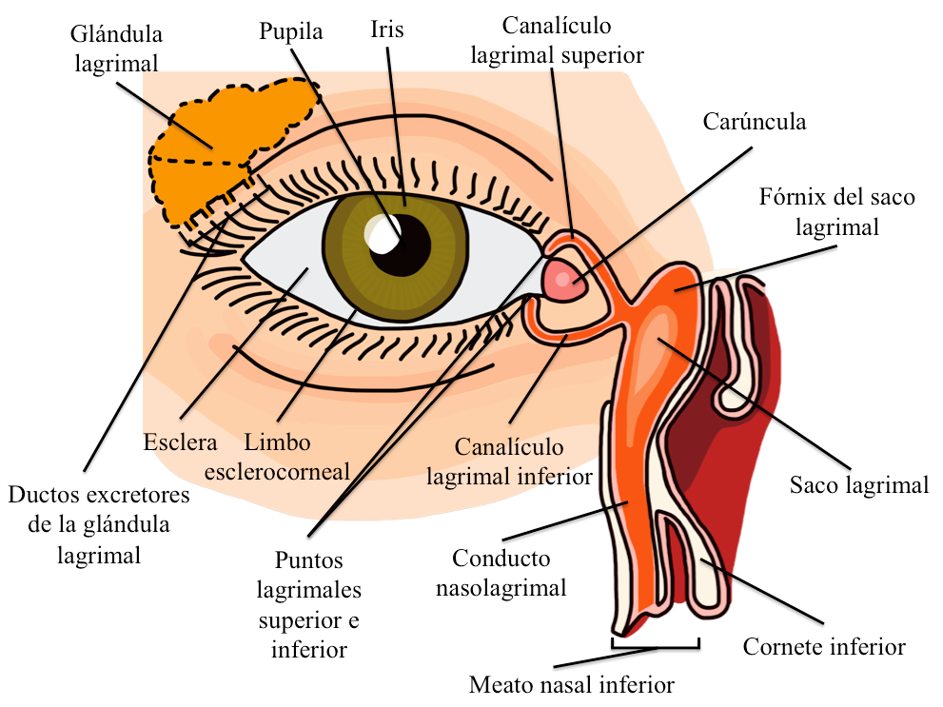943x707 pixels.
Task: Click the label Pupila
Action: (x=291, y=31)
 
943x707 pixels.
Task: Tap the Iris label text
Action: (x=386, y=29)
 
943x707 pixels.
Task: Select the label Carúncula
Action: (x=755, y=122)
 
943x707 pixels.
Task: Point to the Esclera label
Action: (x=181, y=442)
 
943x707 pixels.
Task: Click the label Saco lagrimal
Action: (x=858, y=485)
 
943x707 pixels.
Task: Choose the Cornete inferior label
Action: (x=823, y=647)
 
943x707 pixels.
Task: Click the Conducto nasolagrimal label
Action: (x=501, y=573)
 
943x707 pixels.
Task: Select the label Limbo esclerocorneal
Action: (x=296, y=457)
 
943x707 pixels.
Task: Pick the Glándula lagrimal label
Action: (x=116, y=48)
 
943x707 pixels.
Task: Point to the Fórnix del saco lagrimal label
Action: (x=836, y=212)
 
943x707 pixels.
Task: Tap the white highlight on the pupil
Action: (x=384, y=233)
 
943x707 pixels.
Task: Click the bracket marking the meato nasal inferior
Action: (x=656, y=647)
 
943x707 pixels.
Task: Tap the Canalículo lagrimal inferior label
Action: (x=509, y=462)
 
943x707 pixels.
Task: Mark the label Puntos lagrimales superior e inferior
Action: (x=308, y=605)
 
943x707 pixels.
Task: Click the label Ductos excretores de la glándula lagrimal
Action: (x=99, y=525)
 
